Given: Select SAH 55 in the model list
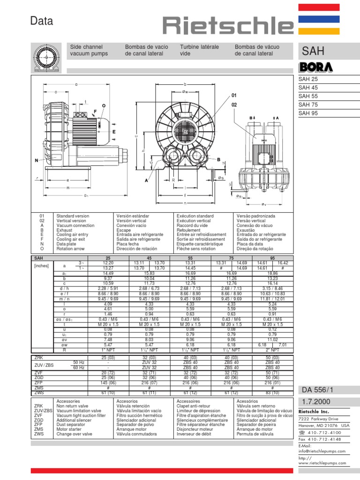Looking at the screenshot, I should (308, 96).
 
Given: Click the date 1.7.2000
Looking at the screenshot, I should (314, 402).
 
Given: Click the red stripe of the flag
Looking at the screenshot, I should (326, 7).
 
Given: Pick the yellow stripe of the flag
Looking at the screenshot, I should (326, 30).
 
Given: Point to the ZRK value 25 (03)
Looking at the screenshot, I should (108, 358).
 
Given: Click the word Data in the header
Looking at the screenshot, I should (42, 21).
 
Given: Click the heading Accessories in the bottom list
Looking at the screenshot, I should (68, 401).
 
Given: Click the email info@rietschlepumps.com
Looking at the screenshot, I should (322, 451).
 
